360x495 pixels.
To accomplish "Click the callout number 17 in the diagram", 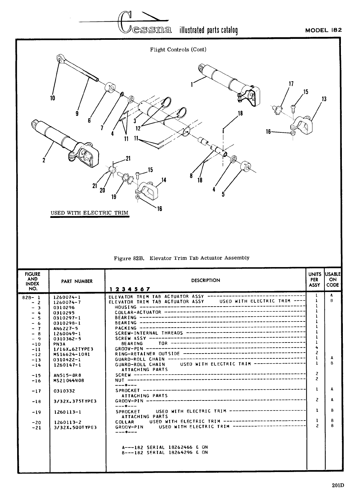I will click(290, 84).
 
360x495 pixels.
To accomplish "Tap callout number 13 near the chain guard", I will click(324, 99).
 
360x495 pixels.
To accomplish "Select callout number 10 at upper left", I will click(53, 98).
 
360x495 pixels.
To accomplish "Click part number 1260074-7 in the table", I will click(67, 302).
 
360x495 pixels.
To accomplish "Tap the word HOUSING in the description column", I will click(125, 307).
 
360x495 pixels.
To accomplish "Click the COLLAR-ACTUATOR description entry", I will click(138, 312).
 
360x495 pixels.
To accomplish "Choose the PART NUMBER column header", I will click(77, 281).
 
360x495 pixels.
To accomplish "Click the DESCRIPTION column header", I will click(205, 280).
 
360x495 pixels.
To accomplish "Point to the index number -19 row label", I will click(36, 412).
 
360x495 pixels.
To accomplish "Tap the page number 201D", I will click(338, 485).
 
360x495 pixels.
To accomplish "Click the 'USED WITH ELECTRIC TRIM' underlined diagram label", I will click(89, 213).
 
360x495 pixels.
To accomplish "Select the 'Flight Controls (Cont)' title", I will click(178, 50).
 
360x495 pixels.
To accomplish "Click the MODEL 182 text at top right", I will click(323, 30).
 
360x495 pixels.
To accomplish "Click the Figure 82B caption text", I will click(181, 258).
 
